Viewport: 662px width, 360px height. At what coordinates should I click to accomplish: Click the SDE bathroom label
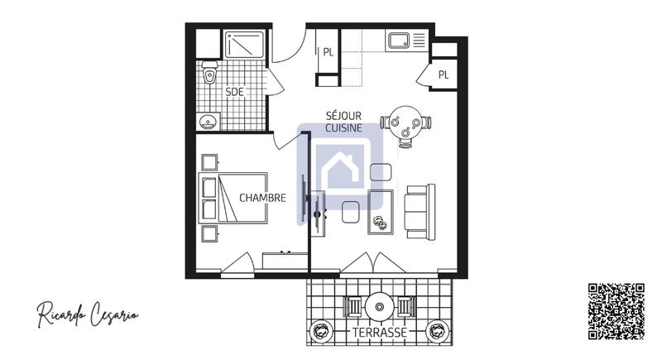tap(235, 92)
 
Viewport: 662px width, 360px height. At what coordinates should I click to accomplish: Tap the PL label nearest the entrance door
tap(329, 52)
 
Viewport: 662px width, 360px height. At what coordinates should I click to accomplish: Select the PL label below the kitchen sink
tap(444, 74)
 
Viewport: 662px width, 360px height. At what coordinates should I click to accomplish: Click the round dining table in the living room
tap(405, 122)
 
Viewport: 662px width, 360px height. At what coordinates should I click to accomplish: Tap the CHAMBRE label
tap(262, 198)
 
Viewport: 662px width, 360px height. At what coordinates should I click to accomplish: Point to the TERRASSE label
tap(379, 333)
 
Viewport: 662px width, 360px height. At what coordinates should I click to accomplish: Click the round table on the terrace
tap(379, 306)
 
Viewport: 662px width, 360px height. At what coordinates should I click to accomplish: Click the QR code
tap(616, 311)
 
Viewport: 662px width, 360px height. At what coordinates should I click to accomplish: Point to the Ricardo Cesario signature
tap(87, 314)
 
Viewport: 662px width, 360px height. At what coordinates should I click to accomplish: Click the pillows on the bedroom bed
tap(209, 199)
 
